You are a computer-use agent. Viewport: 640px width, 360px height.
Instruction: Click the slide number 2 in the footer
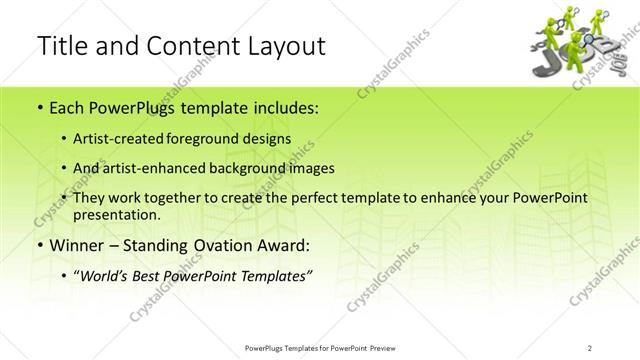592,348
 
